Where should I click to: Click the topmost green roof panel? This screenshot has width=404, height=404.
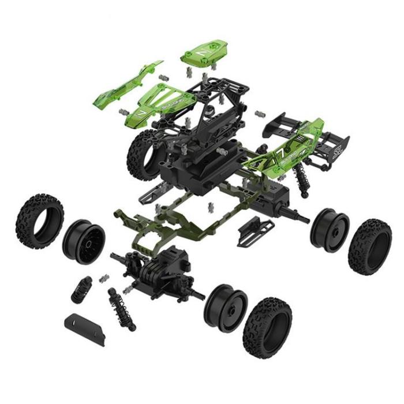[207, 54]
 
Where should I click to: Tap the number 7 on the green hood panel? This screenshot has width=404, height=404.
[141, 110]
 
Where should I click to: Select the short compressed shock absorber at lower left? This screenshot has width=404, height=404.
[83, 288]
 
